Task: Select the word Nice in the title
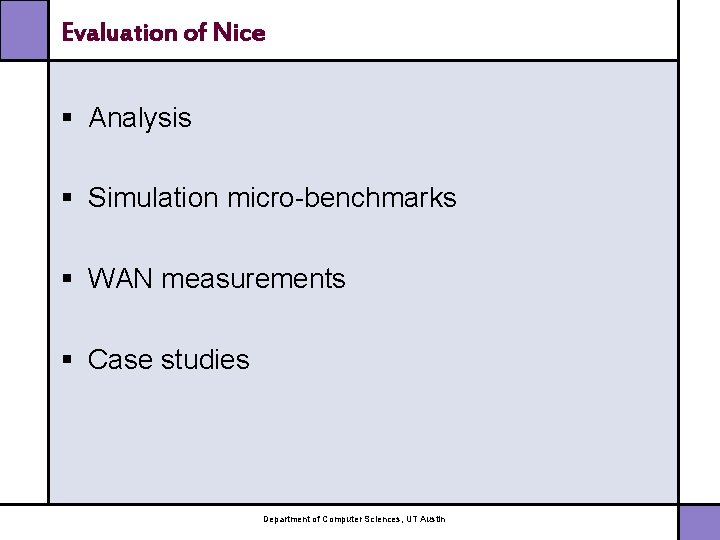[238, 32]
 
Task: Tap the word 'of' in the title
[196, 32]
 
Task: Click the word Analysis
[139, 118]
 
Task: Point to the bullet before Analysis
[67, 118]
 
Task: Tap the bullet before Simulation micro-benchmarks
[67, 198]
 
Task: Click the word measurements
[253, 279]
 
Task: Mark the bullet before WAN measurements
[67, 279]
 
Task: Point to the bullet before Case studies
[67, 359]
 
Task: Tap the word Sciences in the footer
[384, 519]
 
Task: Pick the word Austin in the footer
[434, 519]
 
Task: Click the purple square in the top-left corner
[23, 29]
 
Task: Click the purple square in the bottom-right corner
[699, 522]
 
